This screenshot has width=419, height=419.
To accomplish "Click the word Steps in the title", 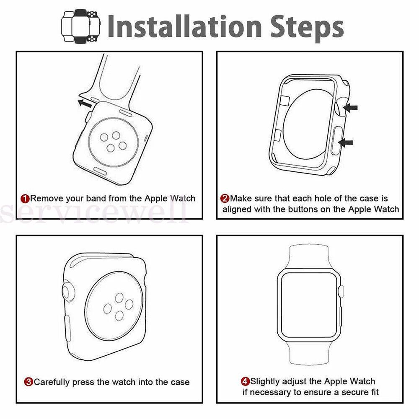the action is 307,28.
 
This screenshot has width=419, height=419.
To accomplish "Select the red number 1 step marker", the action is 25,199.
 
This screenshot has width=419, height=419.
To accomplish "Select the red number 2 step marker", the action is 225,199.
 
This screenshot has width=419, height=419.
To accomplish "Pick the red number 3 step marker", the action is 28,382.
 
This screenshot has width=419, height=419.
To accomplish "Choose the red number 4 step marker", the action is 245,381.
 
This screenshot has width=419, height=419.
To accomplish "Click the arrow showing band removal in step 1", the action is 85,103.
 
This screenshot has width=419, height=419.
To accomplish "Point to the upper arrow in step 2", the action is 350,108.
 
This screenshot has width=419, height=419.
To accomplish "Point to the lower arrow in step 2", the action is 346,143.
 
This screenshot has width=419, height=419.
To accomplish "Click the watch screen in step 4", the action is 309,305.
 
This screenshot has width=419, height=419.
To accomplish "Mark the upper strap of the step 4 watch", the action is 309,258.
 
